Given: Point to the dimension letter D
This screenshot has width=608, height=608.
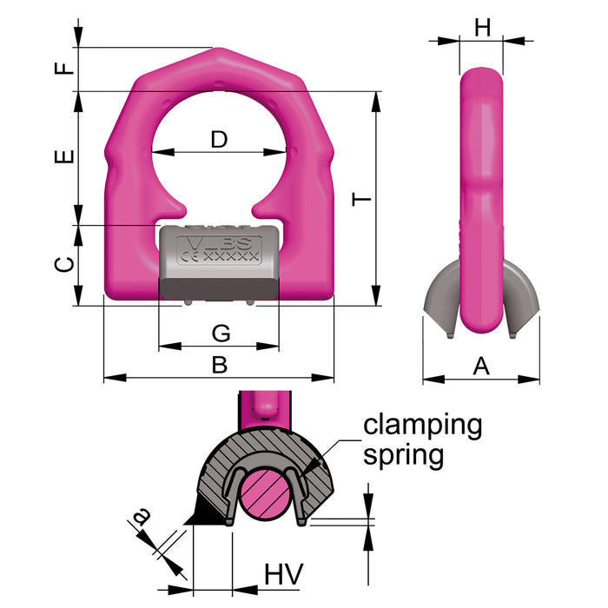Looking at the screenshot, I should pyautogui.click(x=219, y=138).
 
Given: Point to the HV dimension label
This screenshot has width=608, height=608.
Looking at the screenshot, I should pyautogui.click(x=282, y=573).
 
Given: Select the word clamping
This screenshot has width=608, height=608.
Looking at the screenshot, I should pyautogui.click(x=422, y=426).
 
